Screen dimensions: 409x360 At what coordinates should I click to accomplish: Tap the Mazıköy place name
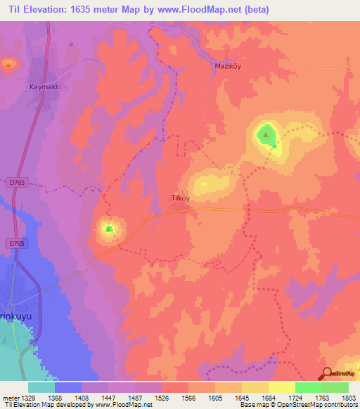[x=227, y=66]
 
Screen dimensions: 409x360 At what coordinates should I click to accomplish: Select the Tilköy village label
[x=181, y=198]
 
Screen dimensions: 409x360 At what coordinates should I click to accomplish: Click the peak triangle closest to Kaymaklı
[x=8, y=65]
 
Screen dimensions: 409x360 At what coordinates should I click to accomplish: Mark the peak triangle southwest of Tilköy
[x=108, y=228]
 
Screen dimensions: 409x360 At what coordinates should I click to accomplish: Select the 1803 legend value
[x=340, y=398]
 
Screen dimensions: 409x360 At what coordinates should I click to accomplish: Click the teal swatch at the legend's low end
[x=41, y=387]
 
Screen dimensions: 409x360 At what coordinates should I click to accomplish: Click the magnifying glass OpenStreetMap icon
[x=326, y=374]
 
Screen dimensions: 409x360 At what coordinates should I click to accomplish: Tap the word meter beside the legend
[x=8, y=398]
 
